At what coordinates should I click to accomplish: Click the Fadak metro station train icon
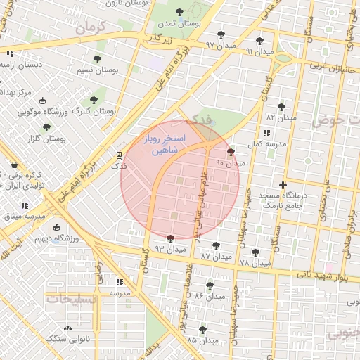coord(119,156)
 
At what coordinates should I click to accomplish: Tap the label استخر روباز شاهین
coord(164,145)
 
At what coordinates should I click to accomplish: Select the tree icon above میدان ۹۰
coord(231,152)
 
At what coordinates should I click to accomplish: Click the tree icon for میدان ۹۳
coord(170,238)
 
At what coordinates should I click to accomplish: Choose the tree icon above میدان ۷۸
coord(255,252)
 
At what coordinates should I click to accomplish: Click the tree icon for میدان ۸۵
coord(202,329)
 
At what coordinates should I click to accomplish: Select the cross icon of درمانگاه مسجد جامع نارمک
coord(283,186)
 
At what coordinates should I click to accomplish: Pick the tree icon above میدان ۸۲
coord(281,107)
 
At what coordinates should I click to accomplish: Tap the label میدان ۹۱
coord(259,52)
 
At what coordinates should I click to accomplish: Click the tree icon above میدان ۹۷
coord(221,34)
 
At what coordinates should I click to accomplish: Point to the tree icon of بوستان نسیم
coord(98,59)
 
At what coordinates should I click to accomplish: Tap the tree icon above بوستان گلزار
coord(46,127)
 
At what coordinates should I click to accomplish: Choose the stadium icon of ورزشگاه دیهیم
coord(57,227)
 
